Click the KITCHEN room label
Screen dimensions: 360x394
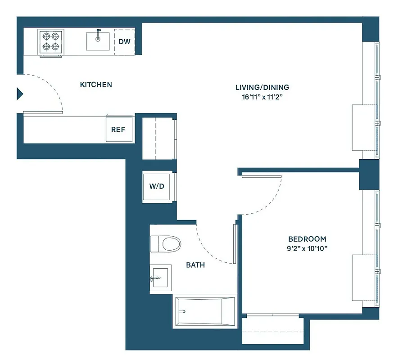tap(96, 85)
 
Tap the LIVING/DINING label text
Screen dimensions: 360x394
tap(262, 87)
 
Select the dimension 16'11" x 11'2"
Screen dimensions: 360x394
tap(262, 96)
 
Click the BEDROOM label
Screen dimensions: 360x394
tap(307, 239)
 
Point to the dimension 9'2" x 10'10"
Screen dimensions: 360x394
tap(307, 248)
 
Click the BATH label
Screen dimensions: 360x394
tap(195, 265)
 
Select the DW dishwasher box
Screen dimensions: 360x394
tap(124, 42)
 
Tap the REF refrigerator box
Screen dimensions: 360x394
tap(118, 130)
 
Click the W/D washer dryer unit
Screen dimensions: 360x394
tap(157, 186)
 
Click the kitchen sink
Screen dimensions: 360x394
tap(98, 40)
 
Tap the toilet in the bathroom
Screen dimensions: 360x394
tap(165, 244)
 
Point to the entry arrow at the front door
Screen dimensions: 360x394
tap(20, 94)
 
